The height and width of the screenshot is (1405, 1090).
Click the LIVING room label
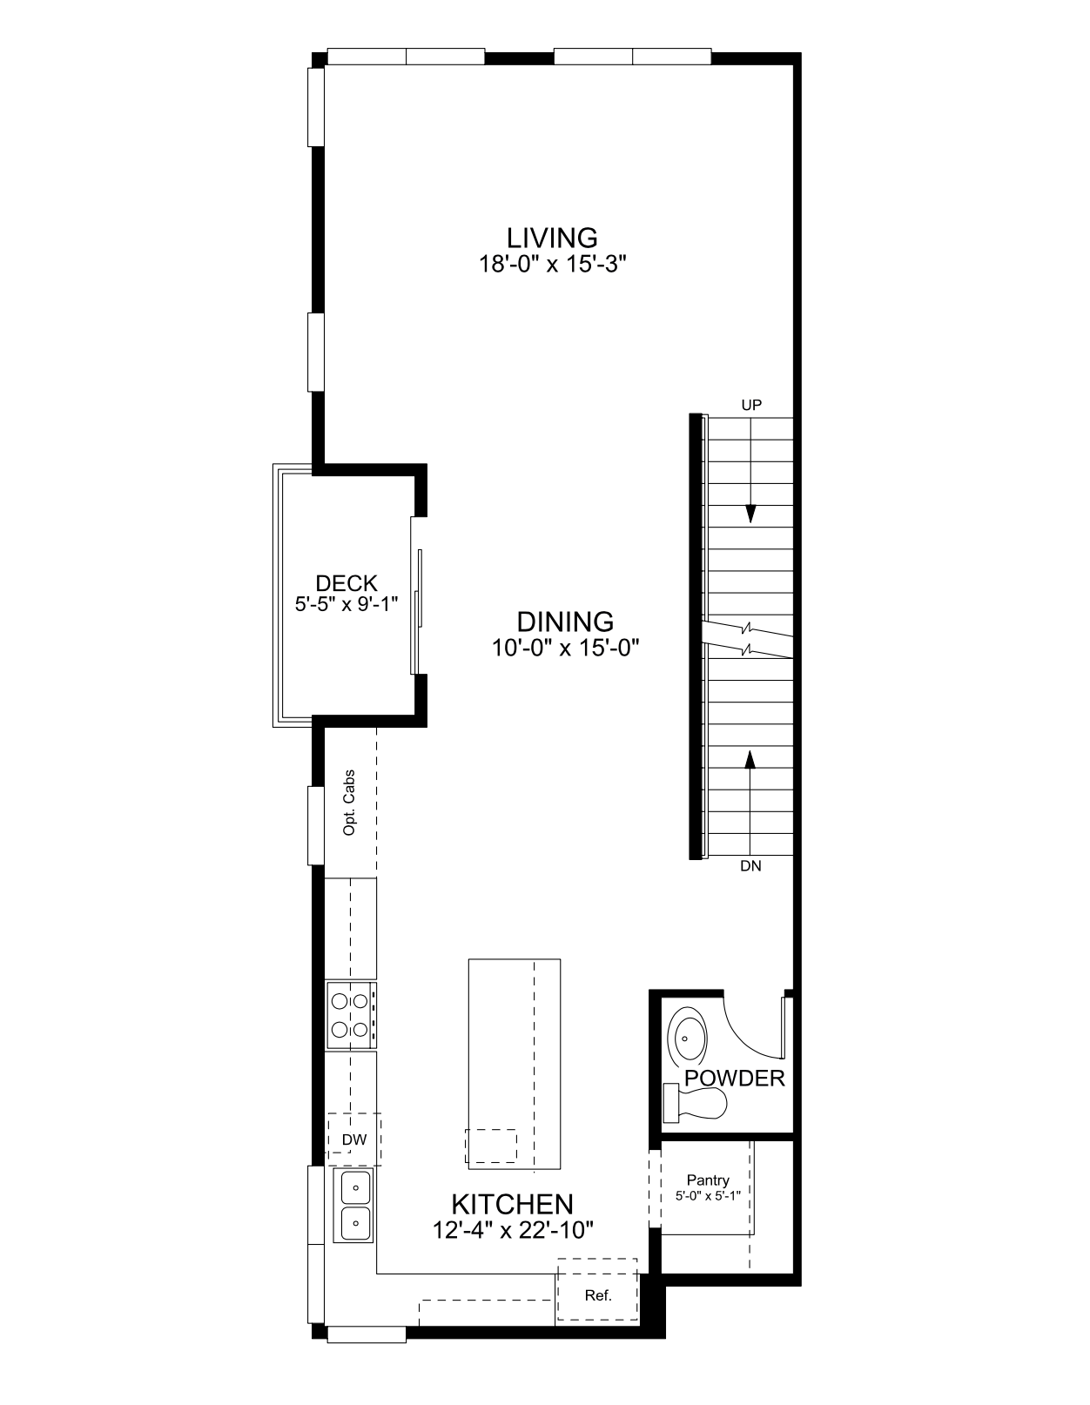coord(551,238)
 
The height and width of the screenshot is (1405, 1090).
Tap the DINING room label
coord(564,622)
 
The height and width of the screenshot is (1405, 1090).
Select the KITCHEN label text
coord(512,1204)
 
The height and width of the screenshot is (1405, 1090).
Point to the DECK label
coord(346,583)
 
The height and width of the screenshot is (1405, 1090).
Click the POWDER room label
coord(735,1078)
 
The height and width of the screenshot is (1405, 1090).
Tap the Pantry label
coord(708,1180)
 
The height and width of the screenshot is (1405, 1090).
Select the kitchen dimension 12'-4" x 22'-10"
coord(513,1230)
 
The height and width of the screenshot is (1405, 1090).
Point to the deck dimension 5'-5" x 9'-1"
coord(346,604)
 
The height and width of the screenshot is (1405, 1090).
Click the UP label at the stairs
coord(751,405)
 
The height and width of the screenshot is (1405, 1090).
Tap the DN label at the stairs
coord(750,866)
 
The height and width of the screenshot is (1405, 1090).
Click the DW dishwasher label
coord(354,1139)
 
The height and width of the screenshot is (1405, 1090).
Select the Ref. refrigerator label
coord(598,1295)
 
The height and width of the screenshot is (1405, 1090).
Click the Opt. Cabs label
coord(349,802)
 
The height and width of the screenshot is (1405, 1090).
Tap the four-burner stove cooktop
coord(350,1014)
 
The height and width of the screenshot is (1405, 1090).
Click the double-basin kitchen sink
coord(353,1205)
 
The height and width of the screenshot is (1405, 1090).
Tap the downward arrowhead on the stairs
coord(750,514)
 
